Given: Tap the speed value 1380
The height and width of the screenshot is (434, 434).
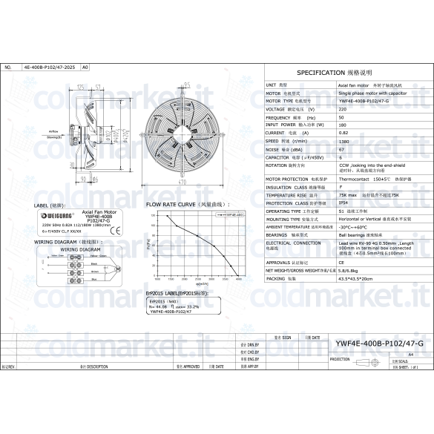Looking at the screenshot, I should click(343, 141).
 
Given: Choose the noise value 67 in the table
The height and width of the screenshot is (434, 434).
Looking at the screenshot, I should click(341, 149).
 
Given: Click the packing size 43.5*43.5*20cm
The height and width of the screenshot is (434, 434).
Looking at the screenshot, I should click(355, 278).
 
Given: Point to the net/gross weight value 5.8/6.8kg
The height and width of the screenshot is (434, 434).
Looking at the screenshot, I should click(349, 270).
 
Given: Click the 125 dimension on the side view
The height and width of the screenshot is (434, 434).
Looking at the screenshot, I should click(79, 86).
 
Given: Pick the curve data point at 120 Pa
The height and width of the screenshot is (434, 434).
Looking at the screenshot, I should click(168, 216).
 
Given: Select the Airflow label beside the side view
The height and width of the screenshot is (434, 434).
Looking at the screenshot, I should click(53, 129).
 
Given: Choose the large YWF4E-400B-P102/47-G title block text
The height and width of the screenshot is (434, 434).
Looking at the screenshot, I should click(379, 343).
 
